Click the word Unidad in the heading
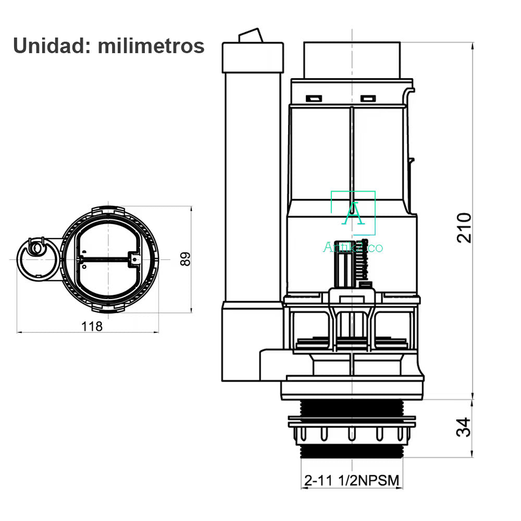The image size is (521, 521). tap(52, 45)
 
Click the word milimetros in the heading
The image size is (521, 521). tap(151, 45)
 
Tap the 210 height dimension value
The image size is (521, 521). tap(464, 228)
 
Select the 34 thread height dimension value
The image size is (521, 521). tap(464, 427)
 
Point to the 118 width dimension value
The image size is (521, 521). tap(92, 326)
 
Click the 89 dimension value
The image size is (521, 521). tap(185, 259)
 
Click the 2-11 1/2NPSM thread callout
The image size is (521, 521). tap(352, 480)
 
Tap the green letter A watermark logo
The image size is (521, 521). tap(353, 213)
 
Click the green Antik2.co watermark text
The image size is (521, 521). tap(353, 247)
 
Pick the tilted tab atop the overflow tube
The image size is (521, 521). tap(251, 35)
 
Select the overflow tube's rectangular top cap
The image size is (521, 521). tap(253, 57)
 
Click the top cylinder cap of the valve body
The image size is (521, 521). tap(352, 60)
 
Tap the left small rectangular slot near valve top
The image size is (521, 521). tap(314, 98)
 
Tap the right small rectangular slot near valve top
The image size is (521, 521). tap(368, 98)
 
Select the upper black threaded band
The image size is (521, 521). tap(352, 408)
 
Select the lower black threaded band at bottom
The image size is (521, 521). tap(352, 451)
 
